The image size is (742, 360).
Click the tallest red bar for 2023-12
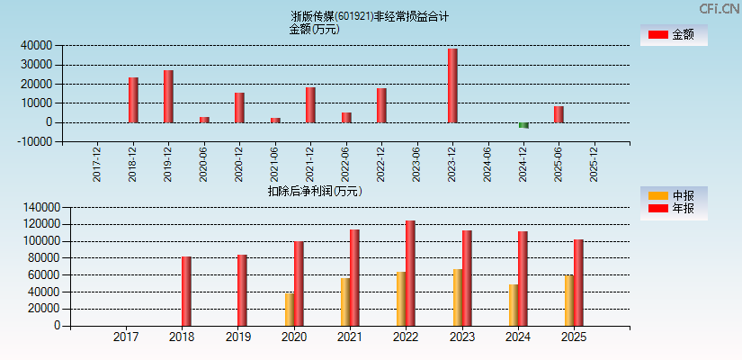coord(452,85)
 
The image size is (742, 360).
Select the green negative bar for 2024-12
coord(523,125)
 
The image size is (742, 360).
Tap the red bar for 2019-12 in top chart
coord(168,96)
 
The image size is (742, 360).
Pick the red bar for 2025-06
coord(559,114)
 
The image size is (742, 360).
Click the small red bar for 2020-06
coord(204,120)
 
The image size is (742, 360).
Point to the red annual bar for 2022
coord(410,273)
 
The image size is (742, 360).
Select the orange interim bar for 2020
coord(290,309)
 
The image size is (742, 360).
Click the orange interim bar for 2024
coord(513,304)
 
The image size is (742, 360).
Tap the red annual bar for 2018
coord(186,291)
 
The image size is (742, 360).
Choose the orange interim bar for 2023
coord(457,297)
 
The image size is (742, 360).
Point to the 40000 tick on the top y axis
coord(35,45)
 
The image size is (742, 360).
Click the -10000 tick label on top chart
coord(33,141)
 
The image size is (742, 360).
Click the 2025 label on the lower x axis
coord(573,337)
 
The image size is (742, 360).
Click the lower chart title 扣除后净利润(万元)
coord(314,191)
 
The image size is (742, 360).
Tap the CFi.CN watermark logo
coord(720,8)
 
